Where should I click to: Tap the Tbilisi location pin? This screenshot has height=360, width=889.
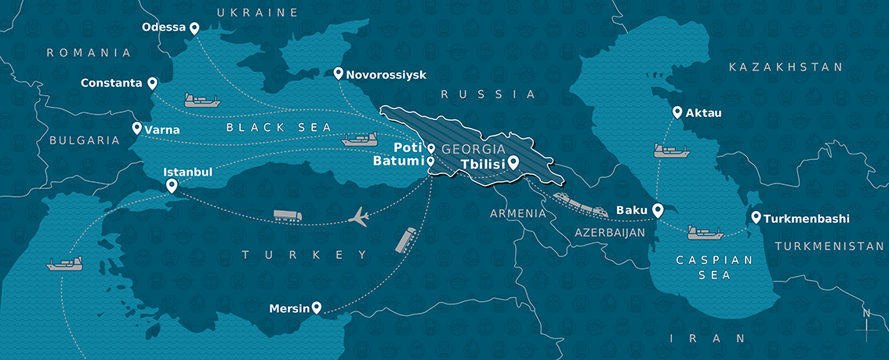[513, 163]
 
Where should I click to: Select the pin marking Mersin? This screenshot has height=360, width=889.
[316, 308]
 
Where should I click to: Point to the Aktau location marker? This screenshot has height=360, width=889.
[677, 113]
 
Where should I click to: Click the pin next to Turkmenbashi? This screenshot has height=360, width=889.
[756, 218]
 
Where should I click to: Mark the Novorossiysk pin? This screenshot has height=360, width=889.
[339, 74]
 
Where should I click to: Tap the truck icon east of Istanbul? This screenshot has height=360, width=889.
[286, 216]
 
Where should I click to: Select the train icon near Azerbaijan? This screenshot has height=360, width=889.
[580, 204]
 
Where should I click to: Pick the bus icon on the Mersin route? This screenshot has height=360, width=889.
[406, 240]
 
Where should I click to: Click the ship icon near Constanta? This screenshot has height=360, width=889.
[202, 100]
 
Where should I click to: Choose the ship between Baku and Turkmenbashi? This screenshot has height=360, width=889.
[704, 232]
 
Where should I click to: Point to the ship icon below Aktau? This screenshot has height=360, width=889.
[670, 150]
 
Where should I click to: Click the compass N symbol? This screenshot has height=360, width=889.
[865, 315]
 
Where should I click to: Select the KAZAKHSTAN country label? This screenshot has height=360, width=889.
[786, 67]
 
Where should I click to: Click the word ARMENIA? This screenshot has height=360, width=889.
[517, 213]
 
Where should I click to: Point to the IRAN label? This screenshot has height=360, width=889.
[708, 339]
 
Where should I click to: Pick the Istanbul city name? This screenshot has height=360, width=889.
[187, 172]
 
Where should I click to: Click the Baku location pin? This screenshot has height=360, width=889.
[658, 210]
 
